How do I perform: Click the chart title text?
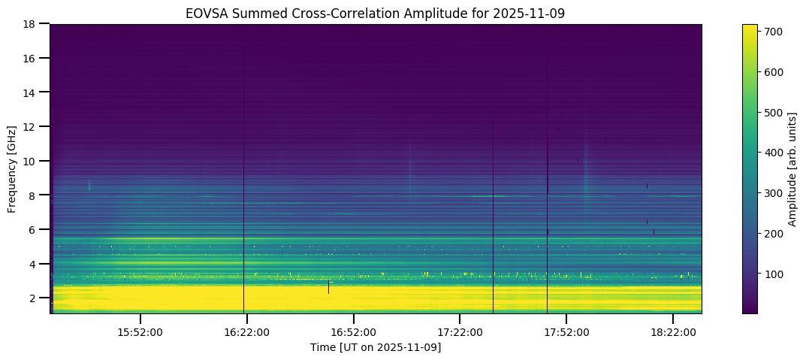point(376,13)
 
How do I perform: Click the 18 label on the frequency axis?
point(30,24)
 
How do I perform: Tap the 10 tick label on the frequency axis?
point(30,161)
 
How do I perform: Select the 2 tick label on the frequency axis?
point(33,298)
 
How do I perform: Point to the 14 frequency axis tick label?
point(30,92)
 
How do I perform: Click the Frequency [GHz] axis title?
point(13,168)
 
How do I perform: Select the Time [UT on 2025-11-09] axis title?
point(376,347)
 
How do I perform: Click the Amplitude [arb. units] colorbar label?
point(792,168)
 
